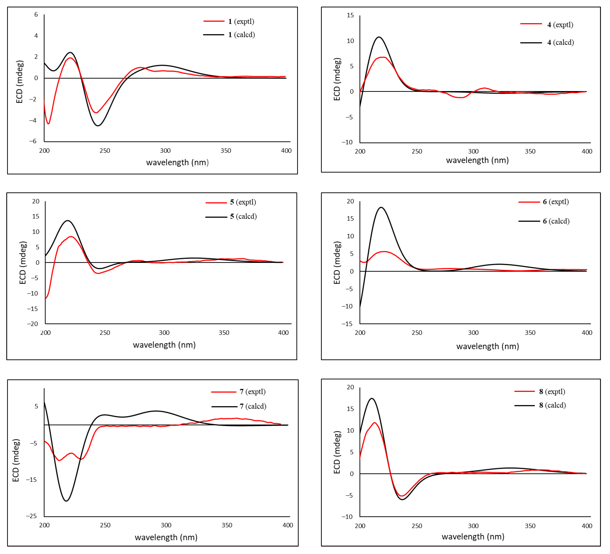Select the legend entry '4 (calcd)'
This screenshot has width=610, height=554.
pos(560,42)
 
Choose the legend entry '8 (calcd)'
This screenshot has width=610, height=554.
pos(552,405)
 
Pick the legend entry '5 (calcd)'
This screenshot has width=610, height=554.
pos(243,217)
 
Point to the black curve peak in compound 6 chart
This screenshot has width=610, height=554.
pos(381,207)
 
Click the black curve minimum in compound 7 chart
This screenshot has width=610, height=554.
pos(66,501)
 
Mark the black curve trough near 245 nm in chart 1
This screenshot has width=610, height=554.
pos(98,126)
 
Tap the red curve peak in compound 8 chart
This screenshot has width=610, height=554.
pos(375,423)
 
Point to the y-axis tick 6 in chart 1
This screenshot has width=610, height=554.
pos(36,15)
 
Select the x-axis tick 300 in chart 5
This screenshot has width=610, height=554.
pos(164,333)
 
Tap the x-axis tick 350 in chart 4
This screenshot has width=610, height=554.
pos(530,152)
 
